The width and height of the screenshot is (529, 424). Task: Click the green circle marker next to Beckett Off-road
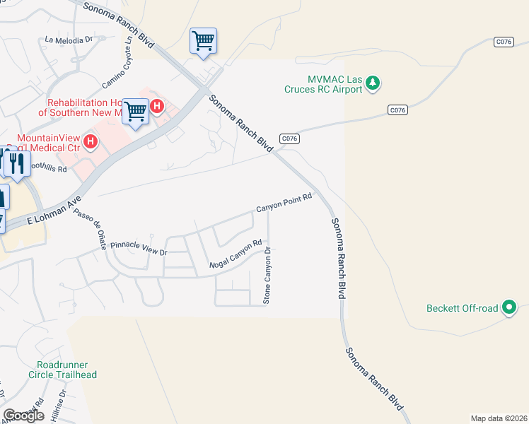[x=509, y=308]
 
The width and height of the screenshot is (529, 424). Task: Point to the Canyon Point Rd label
[x=284, y=204]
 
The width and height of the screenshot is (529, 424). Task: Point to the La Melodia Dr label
[x=69, y=40]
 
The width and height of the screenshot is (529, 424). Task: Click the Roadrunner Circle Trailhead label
[x=63, y=370]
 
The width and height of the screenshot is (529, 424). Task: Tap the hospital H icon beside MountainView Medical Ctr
[x=90, y=142]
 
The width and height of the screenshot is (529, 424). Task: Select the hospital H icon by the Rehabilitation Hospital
[x=157, y=107]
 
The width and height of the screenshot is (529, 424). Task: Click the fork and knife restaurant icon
[x=17, y=163]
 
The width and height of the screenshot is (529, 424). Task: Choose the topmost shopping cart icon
[x=203, y=40]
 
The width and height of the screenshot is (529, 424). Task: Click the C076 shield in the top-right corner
[x=503, y=42]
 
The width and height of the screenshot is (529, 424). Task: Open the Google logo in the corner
[x=23, y=416]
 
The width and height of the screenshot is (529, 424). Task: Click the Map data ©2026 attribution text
[x=498, y=418]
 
